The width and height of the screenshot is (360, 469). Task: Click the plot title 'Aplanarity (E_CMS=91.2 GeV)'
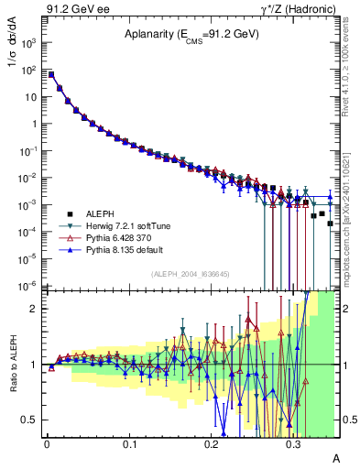pos(191,35)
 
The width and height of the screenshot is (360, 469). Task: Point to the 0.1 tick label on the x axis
pos(129,442)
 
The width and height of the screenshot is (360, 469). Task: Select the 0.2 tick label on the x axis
pos(212,442)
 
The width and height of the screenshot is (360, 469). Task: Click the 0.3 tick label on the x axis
pos(293,442)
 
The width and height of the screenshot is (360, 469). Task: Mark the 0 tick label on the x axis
pos(47,442)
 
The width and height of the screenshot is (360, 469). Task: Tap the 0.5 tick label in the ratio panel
pos(31,420)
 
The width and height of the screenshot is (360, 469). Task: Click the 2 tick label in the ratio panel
pos(35,309)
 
